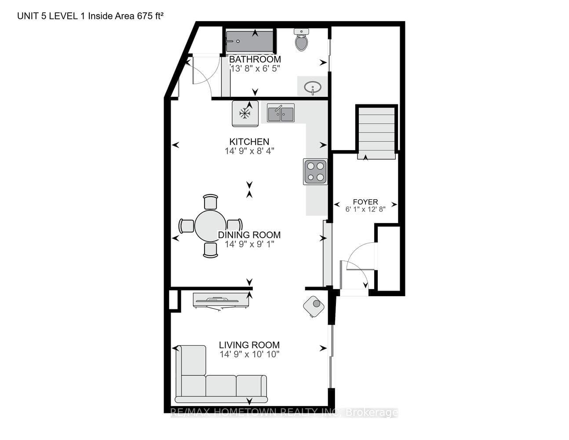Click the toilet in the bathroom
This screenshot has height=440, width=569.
tap(301, 40)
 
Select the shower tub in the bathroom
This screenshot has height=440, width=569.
tap(250, 41)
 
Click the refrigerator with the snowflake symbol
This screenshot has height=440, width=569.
tap(245, 114)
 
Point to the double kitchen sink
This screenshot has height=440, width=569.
tap(281, 113)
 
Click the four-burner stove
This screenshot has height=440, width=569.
tap(315, 172)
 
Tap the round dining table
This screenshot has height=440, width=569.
tap(210, 226)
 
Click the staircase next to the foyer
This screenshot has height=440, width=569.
tap(376, 133)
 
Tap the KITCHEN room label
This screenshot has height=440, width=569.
tap(249, 142)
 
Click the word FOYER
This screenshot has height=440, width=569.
tap(365, 202)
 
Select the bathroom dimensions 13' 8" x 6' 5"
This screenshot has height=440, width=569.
tap(255, 69)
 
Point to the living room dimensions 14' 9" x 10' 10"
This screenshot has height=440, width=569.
tap(250, 354)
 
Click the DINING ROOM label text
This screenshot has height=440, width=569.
tap(249, 235)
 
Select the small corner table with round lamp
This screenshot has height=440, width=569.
tap(314, 306)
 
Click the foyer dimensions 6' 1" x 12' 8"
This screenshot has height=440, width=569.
tap(365, 209)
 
